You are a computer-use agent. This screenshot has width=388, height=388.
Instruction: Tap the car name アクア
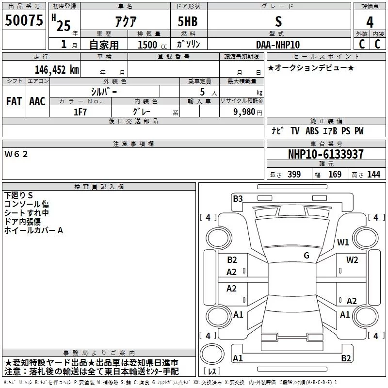(125, 22)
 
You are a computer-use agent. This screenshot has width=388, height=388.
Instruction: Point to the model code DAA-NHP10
(278, 44)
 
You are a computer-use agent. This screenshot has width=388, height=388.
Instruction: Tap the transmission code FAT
(14, 101)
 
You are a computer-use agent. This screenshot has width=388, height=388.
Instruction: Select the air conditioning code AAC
(37, 101)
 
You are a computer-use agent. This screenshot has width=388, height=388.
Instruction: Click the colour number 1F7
(80, 112)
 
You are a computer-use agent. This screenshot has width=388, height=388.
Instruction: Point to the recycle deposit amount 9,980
(244, 112)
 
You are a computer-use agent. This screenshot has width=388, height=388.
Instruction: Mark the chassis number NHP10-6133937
(325, 154)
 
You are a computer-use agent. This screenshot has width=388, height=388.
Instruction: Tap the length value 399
(294, 175)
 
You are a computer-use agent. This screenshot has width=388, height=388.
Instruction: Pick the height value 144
(373, 175)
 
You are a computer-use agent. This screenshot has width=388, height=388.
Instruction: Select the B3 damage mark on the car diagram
(238, 198)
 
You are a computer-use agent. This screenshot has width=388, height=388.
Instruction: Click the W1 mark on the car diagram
(343, 242)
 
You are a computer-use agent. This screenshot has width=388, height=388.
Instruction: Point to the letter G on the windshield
(307, 256)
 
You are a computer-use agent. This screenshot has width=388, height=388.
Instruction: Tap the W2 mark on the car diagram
(352, 259)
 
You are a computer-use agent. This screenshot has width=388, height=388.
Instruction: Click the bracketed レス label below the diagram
(212, 372)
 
